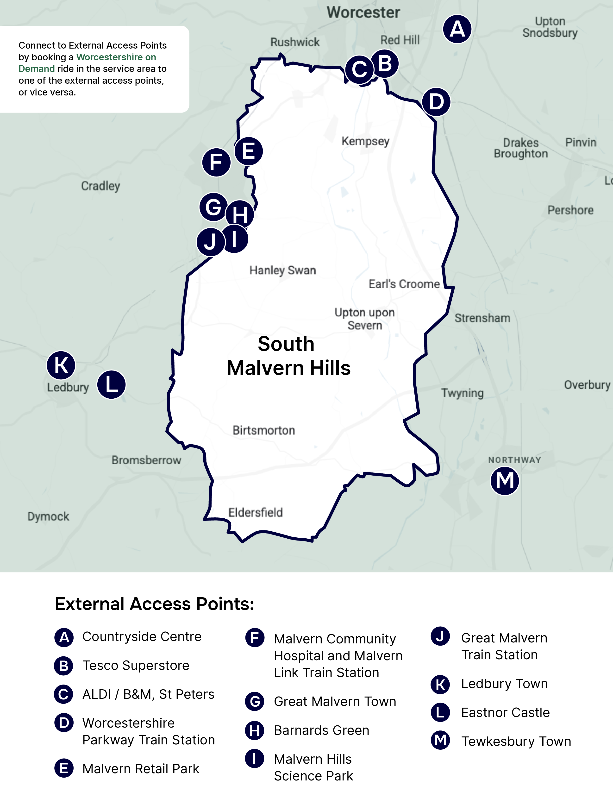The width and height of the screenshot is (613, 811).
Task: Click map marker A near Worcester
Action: click(457, 29)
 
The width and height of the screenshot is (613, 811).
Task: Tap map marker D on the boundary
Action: click(436, 101)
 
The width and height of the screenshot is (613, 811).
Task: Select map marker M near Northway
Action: click(505, 481)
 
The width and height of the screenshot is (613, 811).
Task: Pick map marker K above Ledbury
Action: click(61, 365)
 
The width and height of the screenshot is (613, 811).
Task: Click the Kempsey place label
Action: click(365, 141)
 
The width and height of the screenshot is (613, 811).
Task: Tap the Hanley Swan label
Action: click(282, 270)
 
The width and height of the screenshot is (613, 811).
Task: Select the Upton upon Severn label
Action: click(364, 319)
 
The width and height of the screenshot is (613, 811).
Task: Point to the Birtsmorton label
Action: click(264, 430)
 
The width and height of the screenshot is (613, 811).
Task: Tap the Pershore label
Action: click(570, 210)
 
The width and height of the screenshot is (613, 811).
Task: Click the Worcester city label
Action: click(363, 13)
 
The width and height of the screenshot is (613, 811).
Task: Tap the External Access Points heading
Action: click(154, 604)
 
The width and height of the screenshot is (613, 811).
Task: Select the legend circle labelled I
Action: click(254, 758)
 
